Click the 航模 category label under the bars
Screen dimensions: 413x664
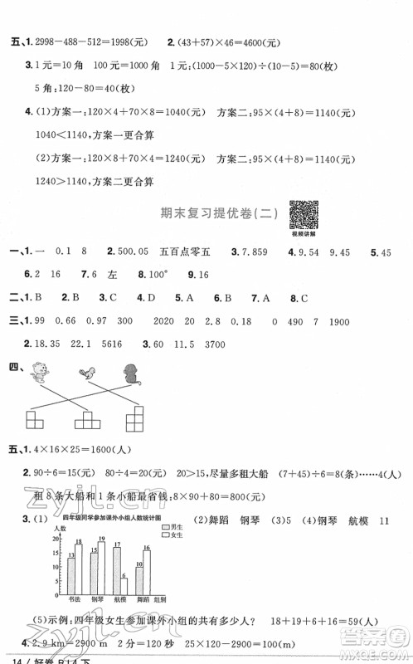[119, 598]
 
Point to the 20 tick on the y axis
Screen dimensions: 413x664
[58, 539]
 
